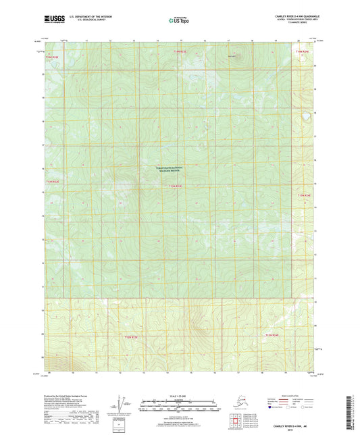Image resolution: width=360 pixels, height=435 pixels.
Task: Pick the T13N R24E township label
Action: (305, 195)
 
